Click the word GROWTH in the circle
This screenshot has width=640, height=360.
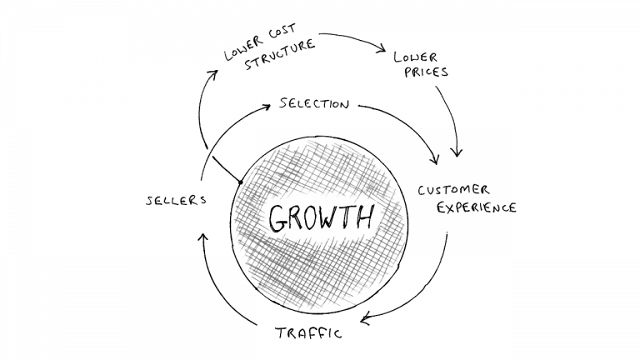pos(321,218)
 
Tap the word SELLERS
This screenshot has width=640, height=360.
pos(177,200)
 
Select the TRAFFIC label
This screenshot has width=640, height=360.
pos(308,333)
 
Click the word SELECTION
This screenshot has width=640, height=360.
pos(314,103)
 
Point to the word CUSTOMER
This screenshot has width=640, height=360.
pos(453,190)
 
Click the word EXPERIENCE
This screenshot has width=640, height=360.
pos(477,207)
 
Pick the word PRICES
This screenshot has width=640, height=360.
pos(426,72)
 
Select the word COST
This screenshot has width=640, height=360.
pos(282,32)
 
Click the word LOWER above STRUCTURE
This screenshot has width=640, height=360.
pos(243,48)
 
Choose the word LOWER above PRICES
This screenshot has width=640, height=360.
pos(416,57)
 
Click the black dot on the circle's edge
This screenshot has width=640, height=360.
pos(241,182)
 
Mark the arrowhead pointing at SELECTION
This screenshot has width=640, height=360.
pos(266,107)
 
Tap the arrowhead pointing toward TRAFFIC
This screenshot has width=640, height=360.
pos(366,318)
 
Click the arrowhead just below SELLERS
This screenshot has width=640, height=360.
pos(202,238)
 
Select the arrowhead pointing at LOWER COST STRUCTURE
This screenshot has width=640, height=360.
pos(213,74)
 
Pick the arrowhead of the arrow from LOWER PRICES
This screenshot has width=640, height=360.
pos(457,152)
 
